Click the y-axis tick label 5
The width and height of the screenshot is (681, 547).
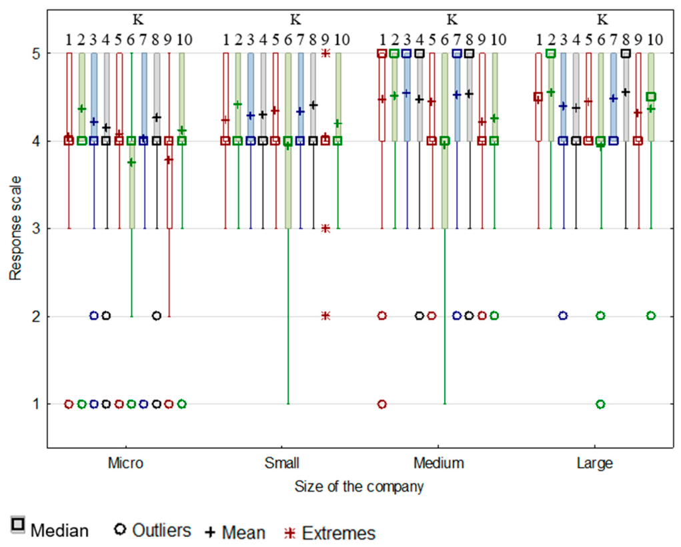coord(36,53)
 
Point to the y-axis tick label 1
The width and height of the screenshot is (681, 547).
coord(36,404)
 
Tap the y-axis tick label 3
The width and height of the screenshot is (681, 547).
coord(36,229)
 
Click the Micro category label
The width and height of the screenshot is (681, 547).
coord(125,463)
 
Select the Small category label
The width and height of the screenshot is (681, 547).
coord(282,463)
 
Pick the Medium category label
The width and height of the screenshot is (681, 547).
coord(439,463)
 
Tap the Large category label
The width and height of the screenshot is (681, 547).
coord(594,464)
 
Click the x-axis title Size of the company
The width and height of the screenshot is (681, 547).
coord(359,486)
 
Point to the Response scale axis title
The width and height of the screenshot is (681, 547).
coord(15,228)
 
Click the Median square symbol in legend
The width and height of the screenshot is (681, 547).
coord(18,525)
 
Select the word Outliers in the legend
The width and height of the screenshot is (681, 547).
coord(161,530)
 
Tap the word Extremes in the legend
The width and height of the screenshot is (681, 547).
coord(339,533)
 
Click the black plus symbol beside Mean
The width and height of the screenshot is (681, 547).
coord(210,532)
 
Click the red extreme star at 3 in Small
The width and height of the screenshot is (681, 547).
coord(325,229)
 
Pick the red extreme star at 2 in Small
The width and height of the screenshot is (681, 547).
coord(325,316)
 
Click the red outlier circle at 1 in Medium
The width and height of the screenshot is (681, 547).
coord(382,404)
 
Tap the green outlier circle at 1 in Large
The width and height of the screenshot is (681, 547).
coord(601,404)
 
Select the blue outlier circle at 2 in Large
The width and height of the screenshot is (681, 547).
coord(564,316)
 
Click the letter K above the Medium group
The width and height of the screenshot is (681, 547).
coord(452,19)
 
